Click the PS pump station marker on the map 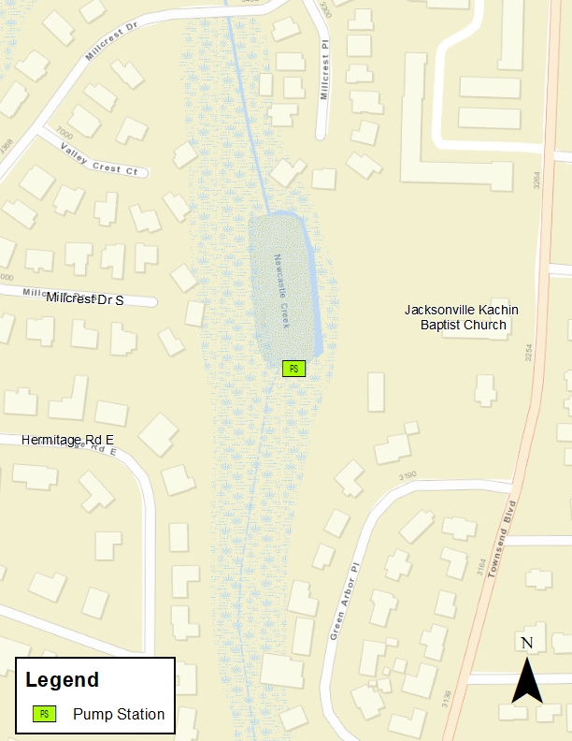[293, 369]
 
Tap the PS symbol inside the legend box [44, 714]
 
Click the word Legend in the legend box [62, 680]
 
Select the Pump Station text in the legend [119, 715]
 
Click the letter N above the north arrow [527, 643]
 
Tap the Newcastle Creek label [283, 291]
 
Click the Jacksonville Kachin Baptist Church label [462, 317]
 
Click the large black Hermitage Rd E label [67, 439]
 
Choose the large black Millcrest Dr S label [98, 299]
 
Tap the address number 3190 [407, 477]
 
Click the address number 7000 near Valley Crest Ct [64, 134]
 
